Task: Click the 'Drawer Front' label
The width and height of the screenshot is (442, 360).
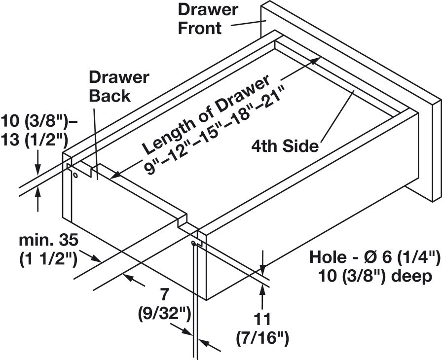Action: pyautogui.click(x=201, y=18)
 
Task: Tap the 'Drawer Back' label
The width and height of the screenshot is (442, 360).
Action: pyautogui.click(x=118, y=86)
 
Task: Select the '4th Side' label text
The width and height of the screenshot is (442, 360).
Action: pyautogui.click(x=284, y=146)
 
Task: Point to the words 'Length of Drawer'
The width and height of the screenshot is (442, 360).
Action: pyautogui.click(x=206, y=113)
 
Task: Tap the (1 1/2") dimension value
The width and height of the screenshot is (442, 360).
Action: pyautogui.click(x=48, y=258)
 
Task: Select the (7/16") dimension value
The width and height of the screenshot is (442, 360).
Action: pyautogui.click(x=261, y=338)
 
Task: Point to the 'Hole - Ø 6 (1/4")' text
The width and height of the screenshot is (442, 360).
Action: pyautogui.click(x=374, y=257)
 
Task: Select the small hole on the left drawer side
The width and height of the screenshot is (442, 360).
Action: pyautogui.click(x=75, y=175)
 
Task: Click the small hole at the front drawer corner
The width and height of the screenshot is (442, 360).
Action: pyautogui.click(x=193, y=244)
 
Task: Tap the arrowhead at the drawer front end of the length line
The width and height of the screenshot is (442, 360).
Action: pyautogui.click(x=316, y=60)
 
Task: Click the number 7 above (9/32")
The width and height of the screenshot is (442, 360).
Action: pyautogui.click(x=164, y=294)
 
